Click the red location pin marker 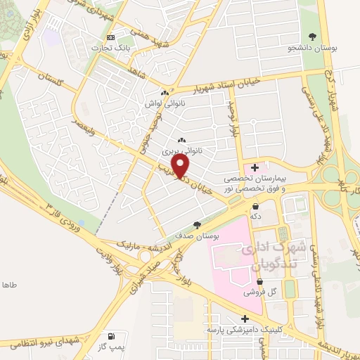coord(181,166)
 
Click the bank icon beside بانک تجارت coord(110,37)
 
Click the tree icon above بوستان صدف coord(198,226)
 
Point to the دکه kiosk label coord(256,217)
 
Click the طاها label coord(9,285)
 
